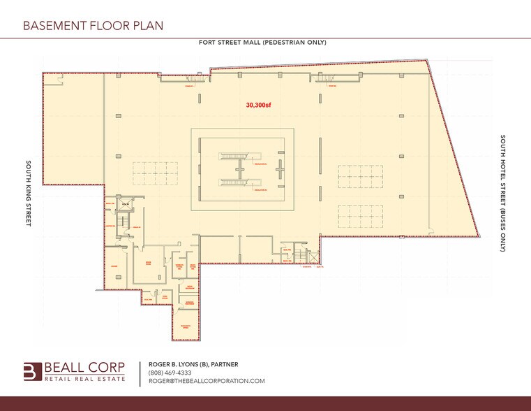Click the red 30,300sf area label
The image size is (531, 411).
258,106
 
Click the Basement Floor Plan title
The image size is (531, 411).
93,26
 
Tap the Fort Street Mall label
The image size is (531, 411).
262,43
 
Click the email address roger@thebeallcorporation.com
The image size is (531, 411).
207,381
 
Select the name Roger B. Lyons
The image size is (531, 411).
176,364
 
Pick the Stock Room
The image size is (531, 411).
149,264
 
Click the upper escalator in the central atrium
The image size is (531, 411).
232,157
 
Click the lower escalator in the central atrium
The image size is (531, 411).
232,183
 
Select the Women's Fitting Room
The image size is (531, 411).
179,267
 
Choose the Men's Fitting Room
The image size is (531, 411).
193,267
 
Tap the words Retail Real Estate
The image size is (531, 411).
86,379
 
